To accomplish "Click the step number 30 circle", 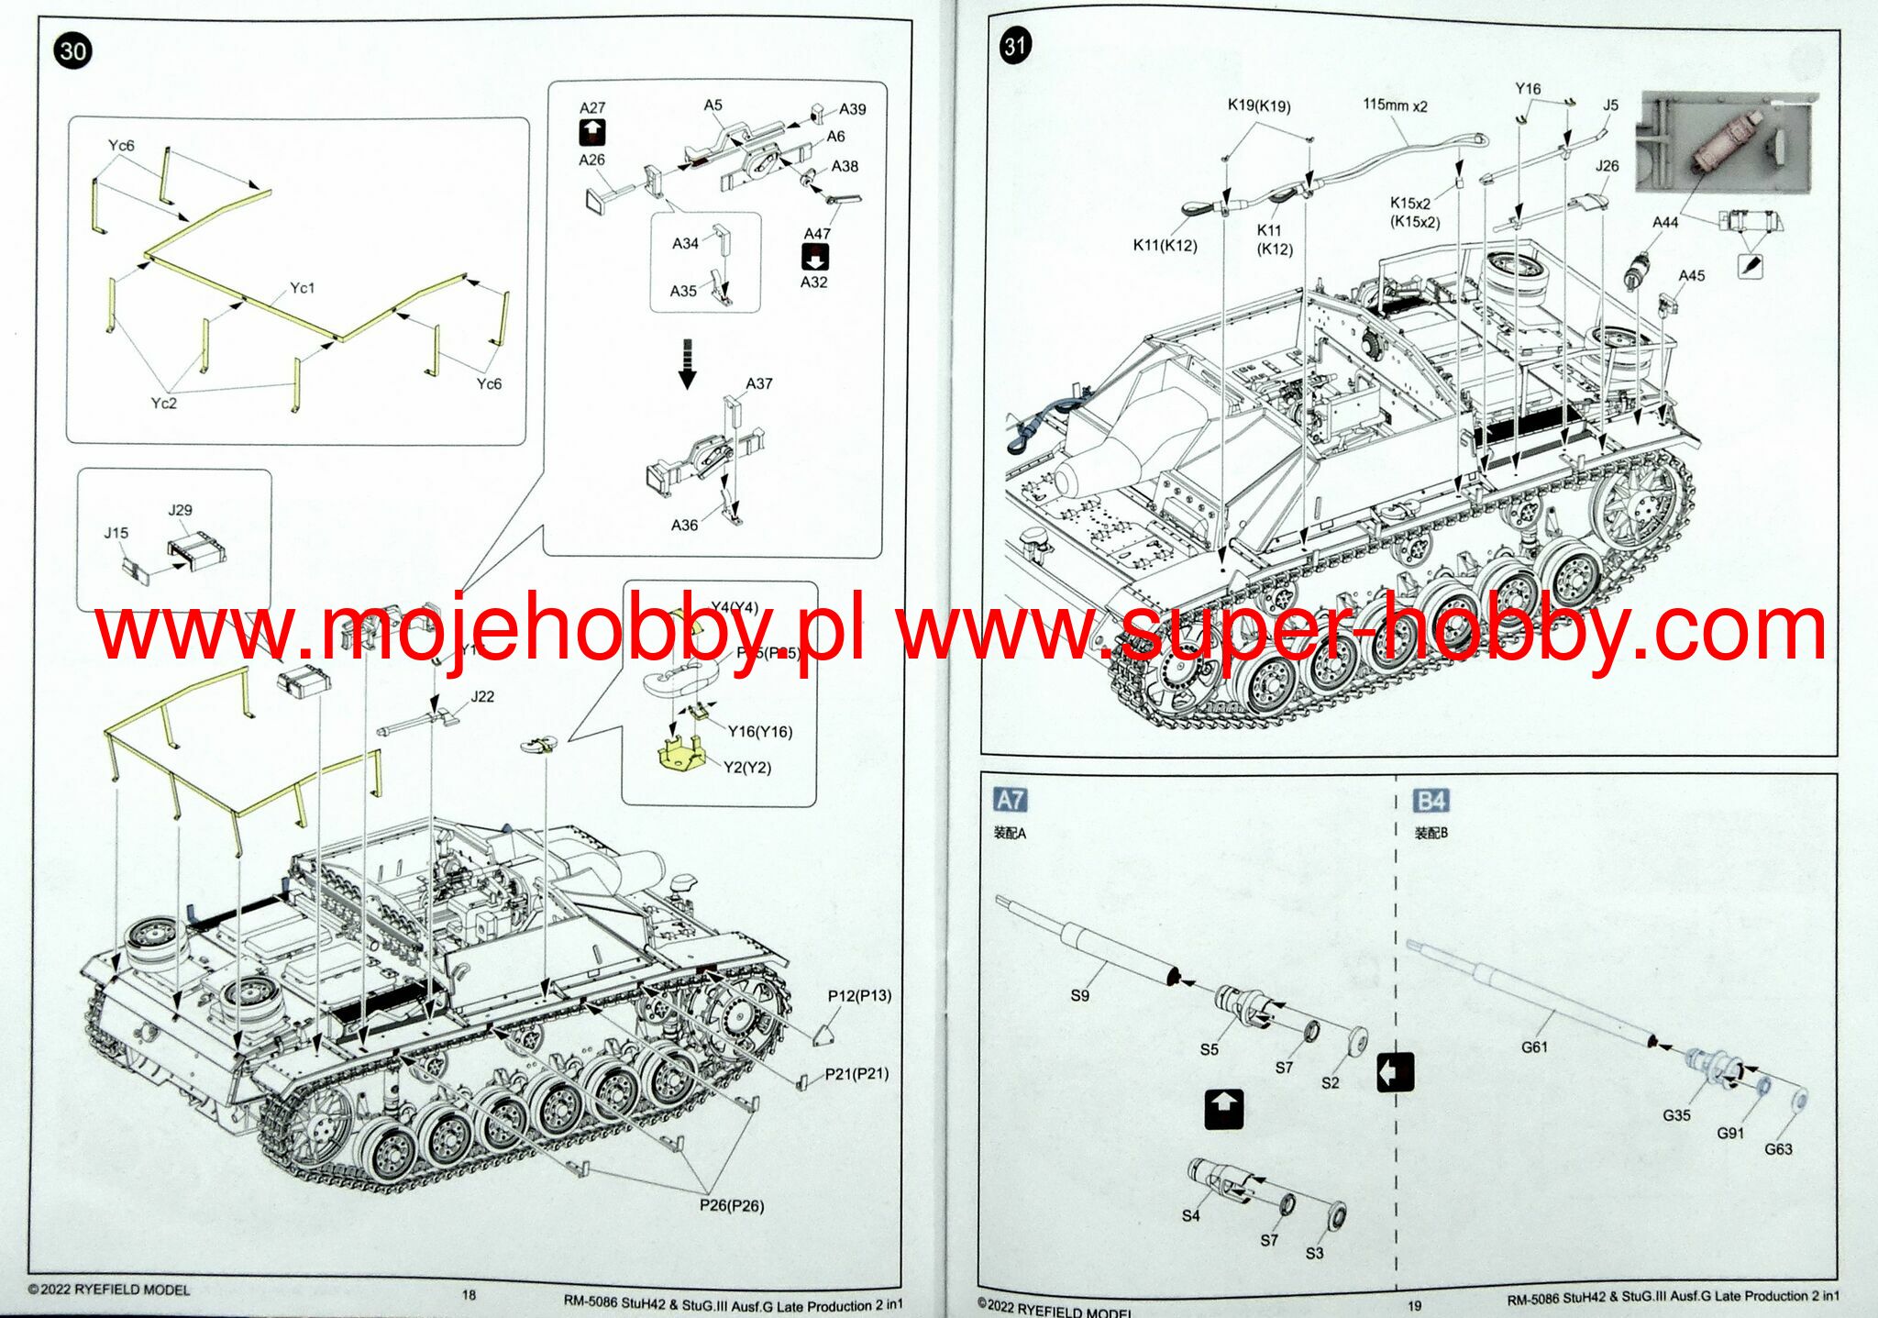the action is pos(73,50).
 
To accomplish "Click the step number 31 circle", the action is pos(1015,46).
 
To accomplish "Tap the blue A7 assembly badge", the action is pos(1010,800).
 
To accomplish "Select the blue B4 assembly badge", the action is pos(1431,801).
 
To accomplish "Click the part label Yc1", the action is pos(302,288).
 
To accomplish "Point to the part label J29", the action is pos(181,510).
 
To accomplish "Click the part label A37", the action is pos(759,383).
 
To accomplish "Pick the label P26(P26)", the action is pos(731,1205).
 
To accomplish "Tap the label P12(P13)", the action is pos(859,995).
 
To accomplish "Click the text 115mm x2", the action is pos(1395,105).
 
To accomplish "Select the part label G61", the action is pos(1534,1047).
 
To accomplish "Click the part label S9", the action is pos(1079,995).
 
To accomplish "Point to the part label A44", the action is pos(1665,222).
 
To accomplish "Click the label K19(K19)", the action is pos(1259,105).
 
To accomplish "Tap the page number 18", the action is pos(469,1294).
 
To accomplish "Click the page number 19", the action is pos(1414,1305).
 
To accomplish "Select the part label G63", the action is pos(1778,1149).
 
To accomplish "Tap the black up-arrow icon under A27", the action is pos(592,133).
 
